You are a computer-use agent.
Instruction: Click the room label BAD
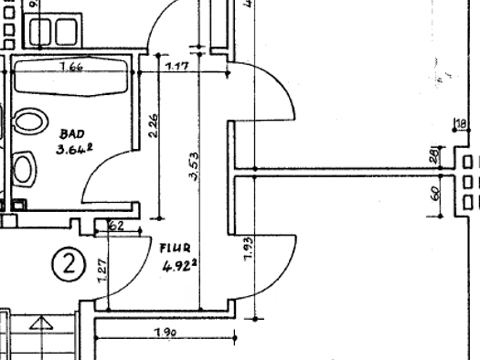(72, 133)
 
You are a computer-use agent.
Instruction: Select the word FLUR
(174, 248)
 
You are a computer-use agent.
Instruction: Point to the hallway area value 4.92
(179, 267)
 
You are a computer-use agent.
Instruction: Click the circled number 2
(68, 265)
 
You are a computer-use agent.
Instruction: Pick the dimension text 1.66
(71, 67)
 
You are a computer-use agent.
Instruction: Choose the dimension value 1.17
(176, 66)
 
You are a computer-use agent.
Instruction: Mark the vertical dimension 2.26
(153, 125)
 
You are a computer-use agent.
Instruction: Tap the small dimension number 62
(115, 226)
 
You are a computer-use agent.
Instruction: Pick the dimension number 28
(434, 156)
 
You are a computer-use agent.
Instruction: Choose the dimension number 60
(434, 194)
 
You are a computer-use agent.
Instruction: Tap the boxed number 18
(460, 123)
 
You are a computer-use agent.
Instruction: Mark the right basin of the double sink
(65, 33)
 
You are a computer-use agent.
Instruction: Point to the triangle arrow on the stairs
(40, 323)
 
